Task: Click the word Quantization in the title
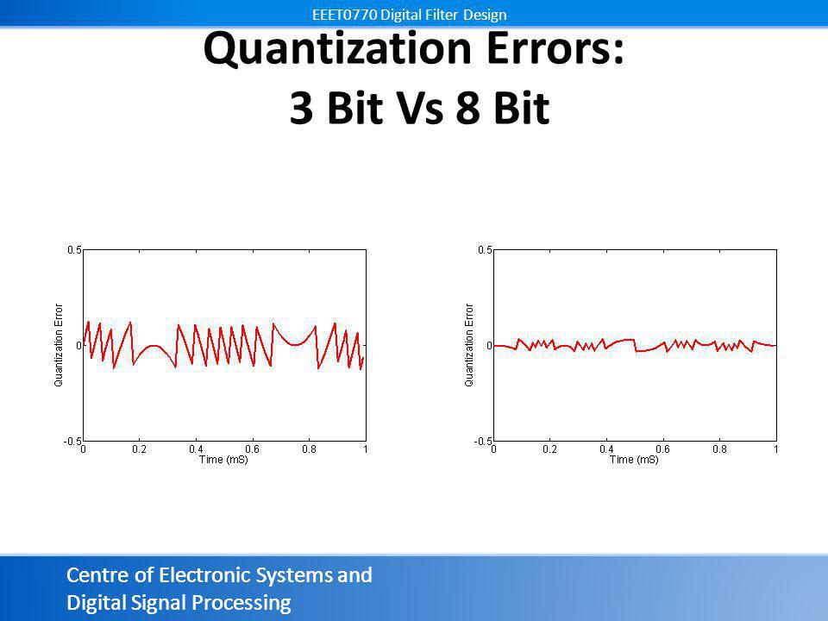[x=337, y=49]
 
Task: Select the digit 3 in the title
[x=302, y=108]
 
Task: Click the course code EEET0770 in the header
[x=344, y=15]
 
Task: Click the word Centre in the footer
[x=98, y=574]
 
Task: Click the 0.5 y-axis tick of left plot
[x=74, y=250]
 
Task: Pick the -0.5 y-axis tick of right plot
[x=483, y=442]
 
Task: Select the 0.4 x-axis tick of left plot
[x=196, y=449]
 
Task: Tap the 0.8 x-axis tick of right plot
[x=719, y=449]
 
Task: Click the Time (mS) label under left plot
[x=223, y=460]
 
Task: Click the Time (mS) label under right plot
[x=634, y=460]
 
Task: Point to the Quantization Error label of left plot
[x=59, y=345]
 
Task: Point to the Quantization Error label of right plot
[x=469, y=345]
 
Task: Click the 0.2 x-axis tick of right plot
[x=549, y=449]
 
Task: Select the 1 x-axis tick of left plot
[x=366, y=449]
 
